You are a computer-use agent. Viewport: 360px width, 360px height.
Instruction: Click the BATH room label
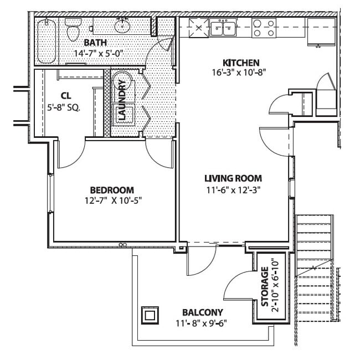[x=96, y=43]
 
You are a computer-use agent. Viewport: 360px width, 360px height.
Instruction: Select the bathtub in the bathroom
[x=47, y=40]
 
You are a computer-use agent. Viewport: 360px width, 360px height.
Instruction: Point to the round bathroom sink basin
[x=122, y=25]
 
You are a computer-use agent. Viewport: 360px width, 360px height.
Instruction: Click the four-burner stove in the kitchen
[x=264, y=28]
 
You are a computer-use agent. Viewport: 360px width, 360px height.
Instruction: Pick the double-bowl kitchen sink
[x=225, y=27]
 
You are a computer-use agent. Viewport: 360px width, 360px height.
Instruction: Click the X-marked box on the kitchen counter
[x=197, y=27]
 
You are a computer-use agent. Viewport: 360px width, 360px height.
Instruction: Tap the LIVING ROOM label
[x=233, y=178]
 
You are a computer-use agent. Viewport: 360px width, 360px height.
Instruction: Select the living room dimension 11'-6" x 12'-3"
[x=233, y=189]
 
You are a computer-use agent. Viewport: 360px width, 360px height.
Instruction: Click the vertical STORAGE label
[x=265, y=286]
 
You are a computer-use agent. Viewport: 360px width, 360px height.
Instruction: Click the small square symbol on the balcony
[x=150, y=316]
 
